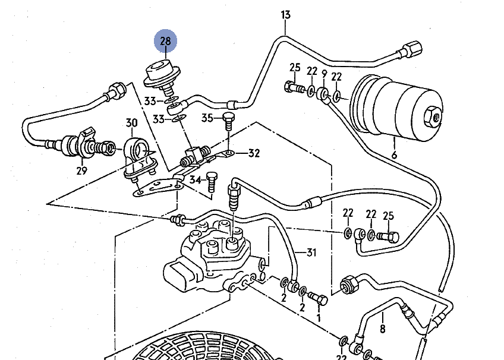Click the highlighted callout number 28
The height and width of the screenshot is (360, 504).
tap(165, 40)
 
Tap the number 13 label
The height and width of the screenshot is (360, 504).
tap(286, 14)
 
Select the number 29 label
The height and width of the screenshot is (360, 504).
tap(81, 171)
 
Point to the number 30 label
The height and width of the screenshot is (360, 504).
tap(131, 124)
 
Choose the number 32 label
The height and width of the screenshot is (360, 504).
tap(254, 153)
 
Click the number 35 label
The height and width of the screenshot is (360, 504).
tap(206, 118)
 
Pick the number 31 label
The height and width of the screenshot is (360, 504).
tap(311, 252)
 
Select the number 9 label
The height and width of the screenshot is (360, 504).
tap(324, 73)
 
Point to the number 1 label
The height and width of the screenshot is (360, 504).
tap(318, 318)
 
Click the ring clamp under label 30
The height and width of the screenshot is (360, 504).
tap(138, 149)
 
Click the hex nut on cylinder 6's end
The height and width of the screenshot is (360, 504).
tap(434, 114)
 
